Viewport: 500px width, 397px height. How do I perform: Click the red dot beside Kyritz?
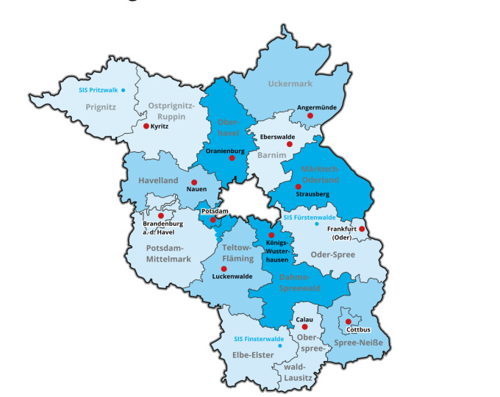pos(146,126)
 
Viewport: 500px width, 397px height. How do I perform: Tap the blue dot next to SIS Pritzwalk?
pos(124,90)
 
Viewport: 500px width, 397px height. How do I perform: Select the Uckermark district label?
pos(290,84)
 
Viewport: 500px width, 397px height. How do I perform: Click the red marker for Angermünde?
pos(310,115)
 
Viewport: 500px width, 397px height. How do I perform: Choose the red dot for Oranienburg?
pos(232,157)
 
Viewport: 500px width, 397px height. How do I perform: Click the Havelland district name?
pos(159,180)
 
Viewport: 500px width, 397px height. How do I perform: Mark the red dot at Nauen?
pos(194,182)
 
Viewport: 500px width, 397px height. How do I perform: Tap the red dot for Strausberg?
pos(298,187)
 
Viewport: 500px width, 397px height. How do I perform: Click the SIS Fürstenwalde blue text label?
pos(310,218)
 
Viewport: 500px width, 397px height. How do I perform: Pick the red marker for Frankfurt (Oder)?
pos(362,229)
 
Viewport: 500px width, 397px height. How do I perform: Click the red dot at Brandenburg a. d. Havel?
pos(161,215)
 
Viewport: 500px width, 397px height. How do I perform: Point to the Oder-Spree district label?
pos(334,255)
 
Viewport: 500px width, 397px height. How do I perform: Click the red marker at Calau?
pos(304,326)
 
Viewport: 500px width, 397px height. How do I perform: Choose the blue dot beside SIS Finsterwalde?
pos(279,345)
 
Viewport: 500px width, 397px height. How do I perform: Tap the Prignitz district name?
pos(101,107)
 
